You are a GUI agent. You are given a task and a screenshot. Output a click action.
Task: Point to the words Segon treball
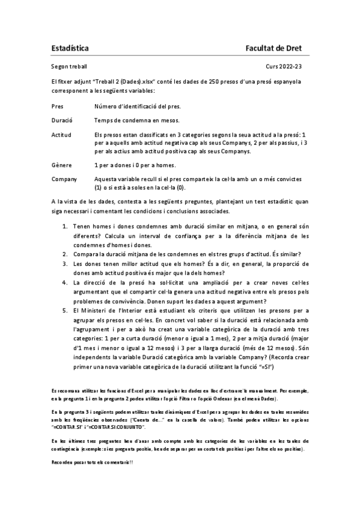(x=69, y=67)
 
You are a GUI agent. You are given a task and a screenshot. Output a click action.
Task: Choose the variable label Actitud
(x=62, y=134)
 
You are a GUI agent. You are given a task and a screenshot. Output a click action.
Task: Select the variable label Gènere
(x=61, y=165)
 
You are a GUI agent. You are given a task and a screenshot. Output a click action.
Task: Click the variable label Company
(x=64, y=179)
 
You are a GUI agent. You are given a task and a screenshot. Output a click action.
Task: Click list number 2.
(x=66, y=253)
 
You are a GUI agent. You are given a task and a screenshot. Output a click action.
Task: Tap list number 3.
(x=66, y=263)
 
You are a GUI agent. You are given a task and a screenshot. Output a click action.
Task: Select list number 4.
(x=66, y=282)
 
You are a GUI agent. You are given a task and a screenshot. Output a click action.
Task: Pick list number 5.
(x=66, y=310)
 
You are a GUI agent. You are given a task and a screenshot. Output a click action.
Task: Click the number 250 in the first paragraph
(x=214, y=81)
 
